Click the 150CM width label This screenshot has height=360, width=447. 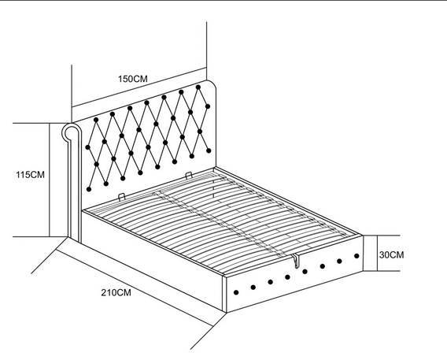[133, 79]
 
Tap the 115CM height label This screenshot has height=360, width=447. [30, 175]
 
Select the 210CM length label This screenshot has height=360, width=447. [116, 293]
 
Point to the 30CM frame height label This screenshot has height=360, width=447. [391, 254]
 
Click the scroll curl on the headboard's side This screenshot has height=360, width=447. [69, 132]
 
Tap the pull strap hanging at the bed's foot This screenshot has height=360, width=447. [296, 261]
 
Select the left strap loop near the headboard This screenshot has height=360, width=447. [121, 197]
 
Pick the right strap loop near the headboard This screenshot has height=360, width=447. [189, 175]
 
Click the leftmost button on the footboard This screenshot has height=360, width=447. [236, 292]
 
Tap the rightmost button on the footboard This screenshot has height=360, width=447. [356, 256]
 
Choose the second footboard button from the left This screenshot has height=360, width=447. [253, 288]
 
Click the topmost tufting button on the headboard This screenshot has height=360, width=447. [198, 87]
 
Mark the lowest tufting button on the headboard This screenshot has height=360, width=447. [89, 189]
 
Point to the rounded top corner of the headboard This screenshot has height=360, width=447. [212, 84]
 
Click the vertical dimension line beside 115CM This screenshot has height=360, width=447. [50, 180]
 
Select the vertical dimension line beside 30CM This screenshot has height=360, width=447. [378, 253]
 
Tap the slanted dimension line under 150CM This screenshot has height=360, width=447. [139, 87]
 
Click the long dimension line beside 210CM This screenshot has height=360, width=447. [134, 288]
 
